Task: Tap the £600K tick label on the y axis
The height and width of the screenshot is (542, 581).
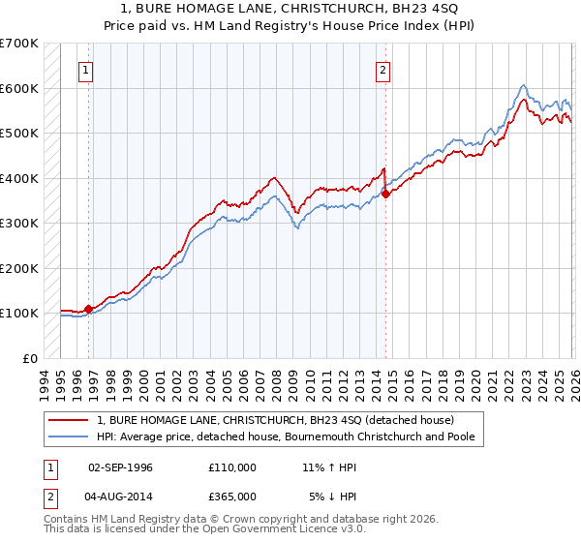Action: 19,88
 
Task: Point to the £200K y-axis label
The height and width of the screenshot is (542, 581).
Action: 19,268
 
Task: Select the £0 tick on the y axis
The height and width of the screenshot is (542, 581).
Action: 31,358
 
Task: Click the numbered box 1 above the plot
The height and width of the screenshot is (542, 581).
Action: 87,70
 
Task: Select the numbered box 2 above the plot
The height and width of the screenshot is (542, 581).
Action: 383,70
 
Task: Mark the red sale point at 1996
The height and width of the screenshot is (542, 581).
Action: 89,309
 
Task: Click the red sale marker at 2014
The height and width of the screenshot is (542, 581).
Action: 385,194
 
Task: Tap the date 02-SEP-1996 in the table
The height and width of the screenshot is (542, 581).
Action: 120,467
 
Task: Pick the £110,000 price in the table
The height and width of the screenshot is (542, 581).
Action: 231,467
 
